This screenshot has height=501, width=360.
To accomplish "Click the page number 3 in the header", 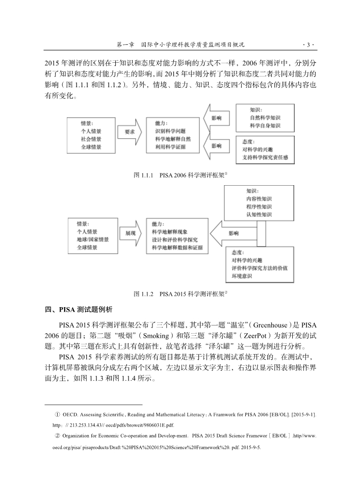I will [x=308, y=45].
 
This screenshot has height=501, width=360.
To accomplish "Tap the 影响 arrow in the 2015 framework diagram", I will [x=234, y=233].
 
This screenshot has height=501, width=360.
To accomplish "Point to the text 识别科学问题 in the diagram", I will [x=170, y=131].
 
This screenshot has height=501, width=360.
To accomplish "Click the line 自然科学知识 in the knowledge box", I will [x=265, y=117].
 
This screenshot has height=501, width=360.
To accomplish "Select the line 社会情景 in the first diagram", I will [x=91, y=139].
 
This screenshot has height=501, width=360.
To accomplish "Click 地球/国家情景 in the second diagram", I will [x=93, y=239].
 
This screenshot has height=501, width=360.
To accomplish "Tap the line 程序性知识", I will [x=259, y=207].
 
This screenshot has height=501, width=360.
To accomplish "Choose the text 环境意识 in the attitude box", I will [x=242, y=276].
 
